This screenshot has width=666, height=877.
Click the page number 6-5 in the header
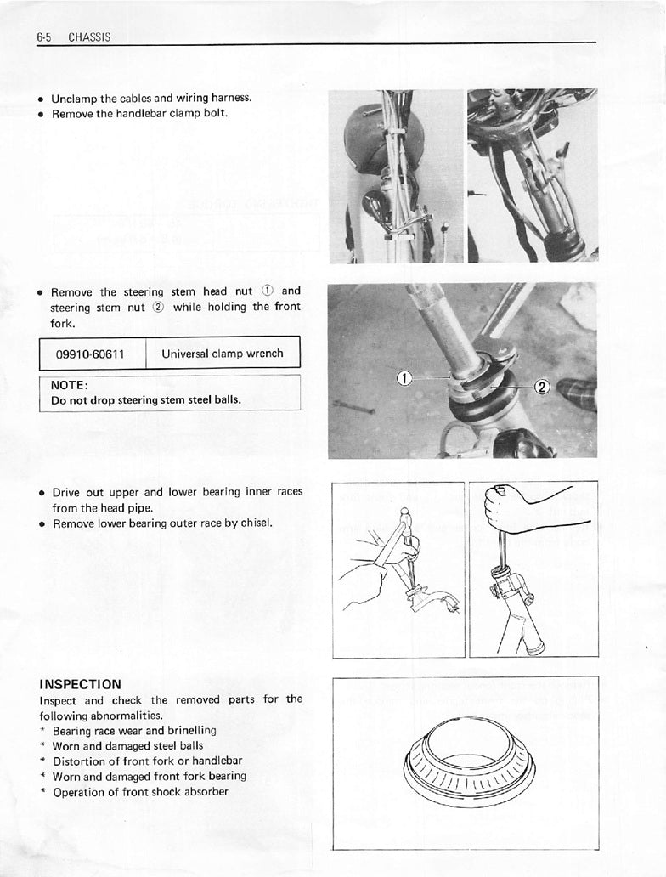(45, 37)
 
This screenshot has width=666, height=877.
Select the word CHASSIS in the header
(89, 37)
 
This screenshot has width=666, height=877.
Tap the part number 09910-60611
(90, 354)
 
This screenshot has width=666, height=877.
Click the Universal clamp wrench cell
(223, 354)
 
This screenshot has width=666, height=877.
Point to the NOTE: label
(70, 385)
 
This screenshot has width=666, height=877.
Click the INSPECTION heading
(81, 684)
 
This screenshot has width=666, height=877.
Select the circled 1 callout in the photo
(404, 378)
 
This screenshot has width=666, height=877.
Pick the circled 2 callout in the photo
(541, 388)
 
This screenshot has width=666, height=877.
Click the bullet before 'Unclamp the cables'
(40, 99)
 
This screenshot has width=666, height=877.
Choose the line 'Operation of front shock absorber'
(140, 792)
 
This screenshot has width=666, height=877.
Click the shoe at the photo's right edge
(579, 393)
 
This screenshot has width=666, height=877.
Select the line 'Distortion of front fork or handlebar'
(147, 761)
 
